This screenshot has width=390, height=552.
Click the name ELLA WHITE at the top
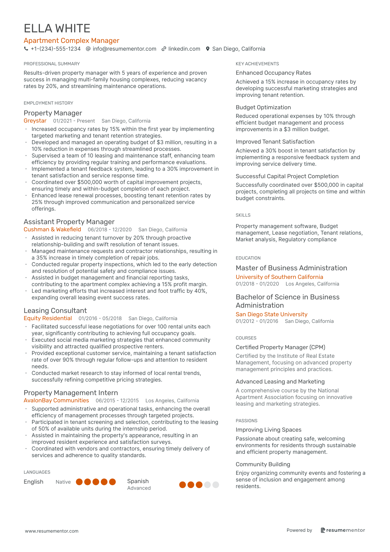(57, 28)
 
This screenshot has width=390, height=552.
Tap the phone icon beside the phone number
(26, 49)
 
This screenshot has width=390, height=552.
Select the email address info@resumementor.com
(124, 49)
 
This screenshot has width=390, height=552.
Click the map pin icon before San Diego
(208, 49)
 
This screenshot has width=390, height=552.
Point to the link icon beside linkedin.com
(164, 49)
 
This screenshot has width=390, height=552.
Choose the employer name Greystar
(35, 121)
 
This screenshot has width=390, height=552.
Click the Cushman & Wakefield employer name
(52, 230)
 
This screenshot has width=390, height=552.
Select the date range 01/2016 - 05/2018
(100, 318)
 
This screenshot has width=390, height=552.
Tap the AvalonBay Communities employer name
(56, 401)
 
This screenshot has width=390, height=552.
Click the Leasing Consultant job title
(55, 311)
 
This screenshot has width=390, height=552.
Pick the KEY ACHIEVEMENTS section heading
(257, 64)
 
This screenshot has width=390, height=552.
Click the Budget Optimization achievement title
(263, 107)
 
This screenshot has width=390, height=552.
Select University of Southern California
(279, 277)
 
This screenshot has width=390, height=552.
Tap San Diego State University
(271, 314)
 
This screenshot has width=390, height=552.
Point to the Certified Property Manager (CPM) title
(280, 347)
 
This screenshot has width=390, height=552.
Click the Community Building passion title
(263, 464)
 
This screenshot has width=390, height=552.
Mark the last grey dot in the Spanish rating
(216, 485)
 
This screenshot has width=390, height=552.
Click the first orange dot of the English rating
(79, 482)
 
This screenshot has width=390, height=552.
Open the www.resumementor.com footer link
(52, 531)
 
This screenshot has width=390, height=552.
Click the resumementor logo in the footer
(343, 530)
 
